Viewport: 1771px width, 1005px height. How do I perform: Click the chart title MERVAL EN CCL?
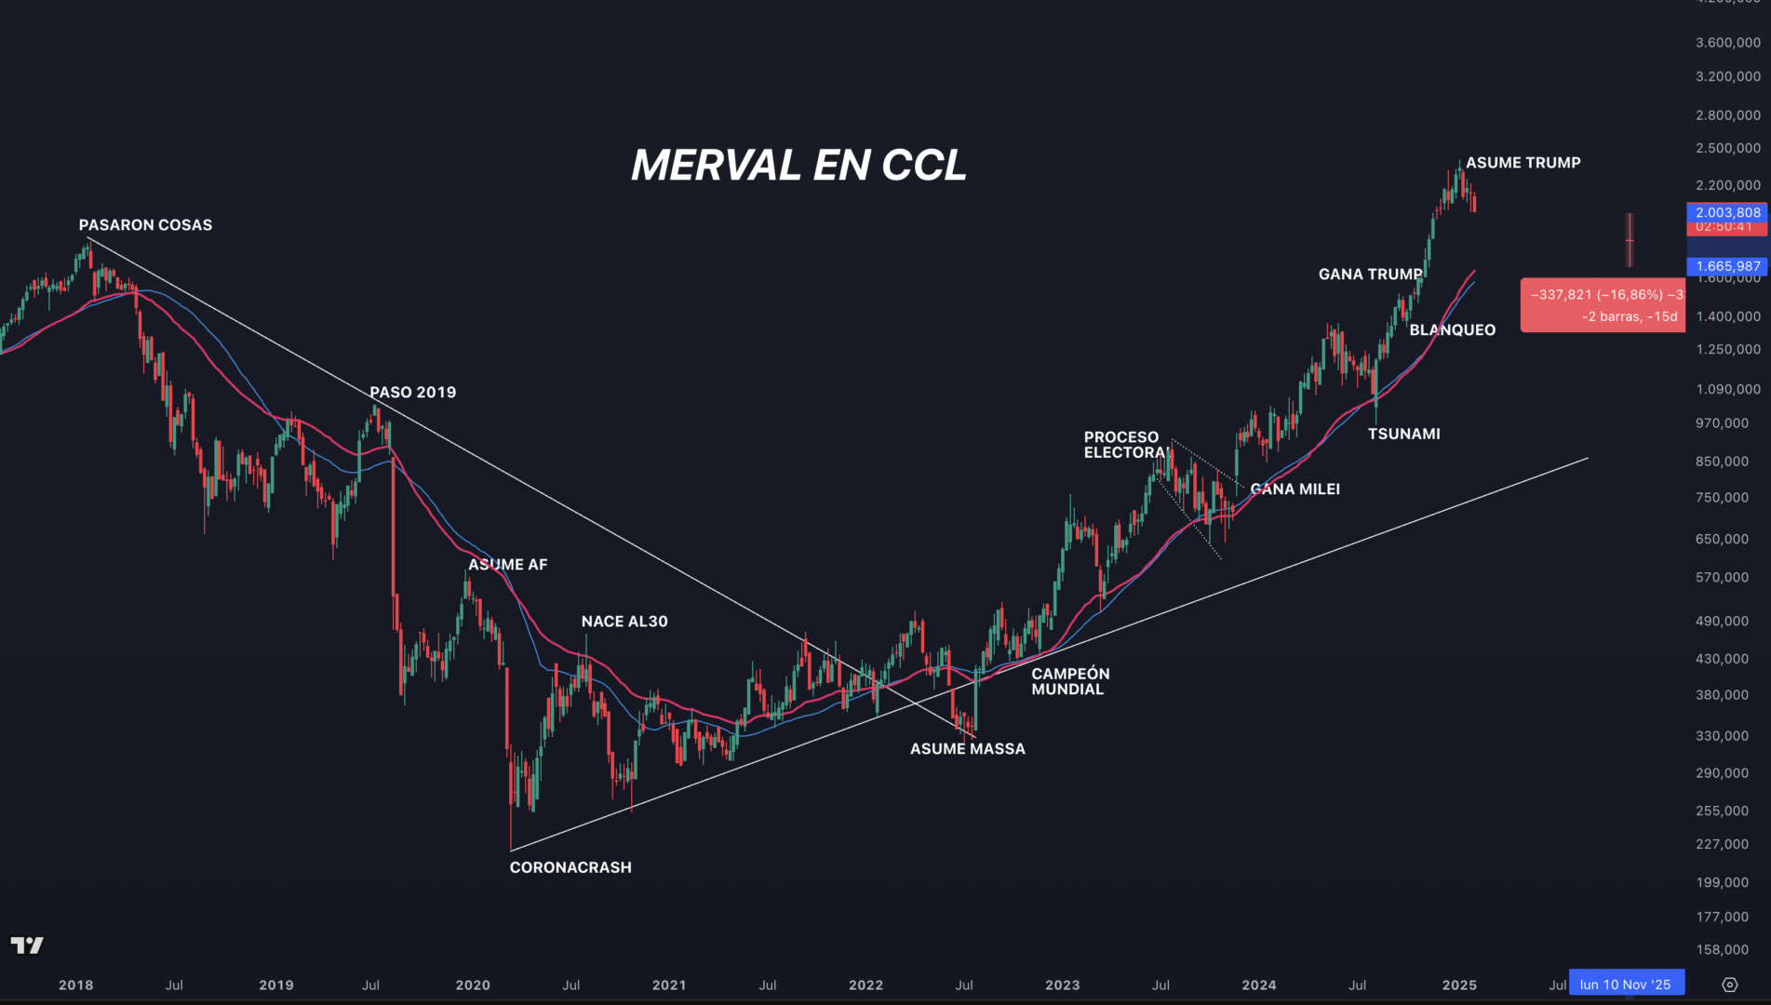click(x=798, y=166)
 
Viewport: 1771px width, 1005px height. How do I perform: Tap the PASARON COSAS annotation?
click(x=145, y=225)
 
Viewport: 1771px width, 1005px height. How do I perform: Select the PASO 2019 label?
click(x=413, y=393)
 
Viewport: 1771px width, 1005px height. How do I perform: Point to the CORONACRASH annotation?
click(x=570, y=867)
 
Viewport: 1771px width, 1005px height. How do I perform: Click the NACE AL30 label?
click(x=624, y=622)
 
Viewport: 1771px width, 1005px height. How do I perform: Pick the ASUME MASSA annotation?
click(x=968, y=749)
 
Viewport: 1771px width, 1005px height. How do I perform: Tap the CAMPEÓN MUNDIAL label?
click(x=1070, y=681)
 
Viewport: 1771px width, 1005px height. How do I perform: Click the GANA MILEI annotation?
click(x=1295, y=489)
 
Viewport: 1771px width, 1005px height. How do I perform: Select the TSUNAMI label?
click(x=1403, y=434)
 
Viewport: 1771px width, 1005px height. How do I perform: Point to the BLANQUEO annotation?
click(x=1452, y=330)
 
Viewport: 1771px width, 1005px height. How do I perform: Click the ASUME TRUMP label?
click(x=1523, y=163)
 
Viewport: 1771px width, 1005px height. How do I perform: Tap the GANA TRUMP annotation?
click(x=1370, y=275)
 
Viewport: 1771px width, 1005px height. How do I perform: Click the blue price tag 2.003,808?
click(x=1727, y=213)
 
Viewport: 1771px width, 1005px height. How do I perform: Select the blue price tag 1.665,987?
click(x=1727, y=267)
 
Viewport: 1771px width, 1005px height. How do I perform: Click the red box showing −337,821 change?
click(x=1603, y=305)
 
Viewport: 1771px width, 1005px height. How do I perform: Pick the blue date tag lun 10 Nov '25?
click(x=1625, y=985)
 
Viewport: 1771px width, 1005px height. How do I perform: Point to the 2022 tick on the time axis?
click(x=865, y=985)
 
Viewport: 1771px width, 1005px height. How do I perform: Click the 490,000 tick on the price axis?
click(x=1722, y=622)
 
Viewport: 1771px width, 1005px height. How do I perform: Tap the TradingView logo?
click(x=27, y=946)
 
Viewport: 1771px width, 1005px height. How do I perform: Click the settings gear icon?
click(x=1730, y=985)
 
